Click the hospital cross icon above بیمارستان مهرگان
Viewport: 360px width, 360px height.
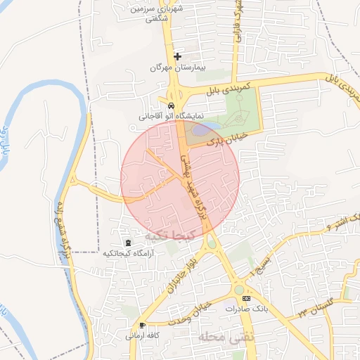[177, 56]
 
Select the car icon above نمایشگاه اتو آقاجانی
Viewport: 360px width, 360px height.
[162, 104]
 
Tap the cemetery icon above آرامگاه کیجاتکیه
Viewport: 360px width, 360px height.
[127, 242]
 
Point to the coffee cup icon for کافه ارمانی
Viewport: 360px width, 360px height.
[143, 325]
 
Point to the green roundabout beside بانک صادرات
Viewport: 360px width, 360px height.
[240, 289]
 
